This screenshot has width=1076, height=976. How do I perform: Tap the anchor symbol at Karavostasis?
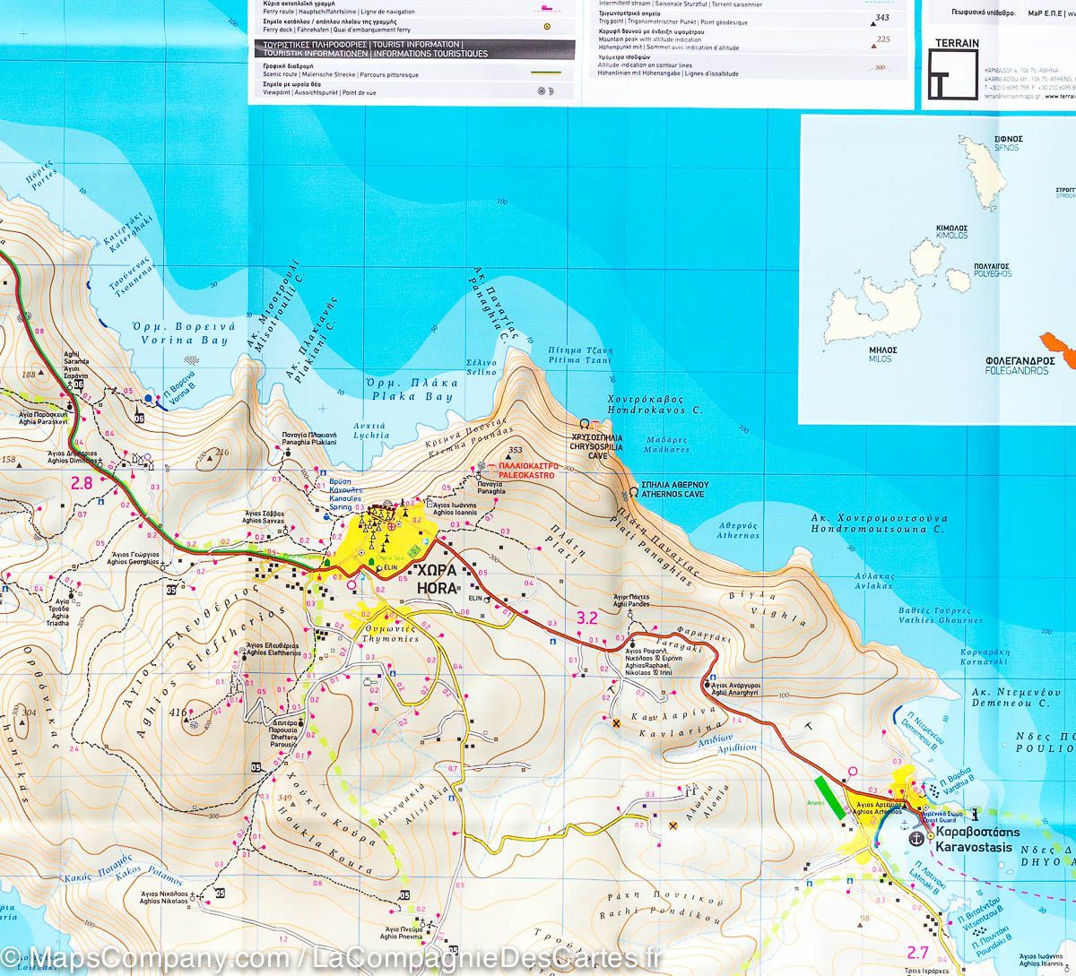[x=915, y=838]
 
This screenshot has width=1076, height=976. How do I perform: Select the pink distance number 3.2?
[x=587, y=618]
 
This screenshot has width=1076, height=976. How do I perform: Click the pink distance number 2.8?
[x=82, y=483]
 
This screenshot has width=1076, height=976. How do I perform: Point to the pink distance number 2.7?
[x=917, y=953]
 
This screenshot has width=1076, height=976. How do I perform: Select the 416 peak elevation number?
[x=178, y=713]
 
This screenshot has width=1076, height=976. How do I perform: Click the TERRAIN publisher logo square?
[x=952, y=73]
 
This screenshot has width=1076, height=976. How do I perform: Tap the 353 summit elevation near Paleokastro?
[x=515, y=451]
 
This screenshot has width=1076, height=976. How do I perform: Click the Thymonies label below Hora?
[x=389, y=634]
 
